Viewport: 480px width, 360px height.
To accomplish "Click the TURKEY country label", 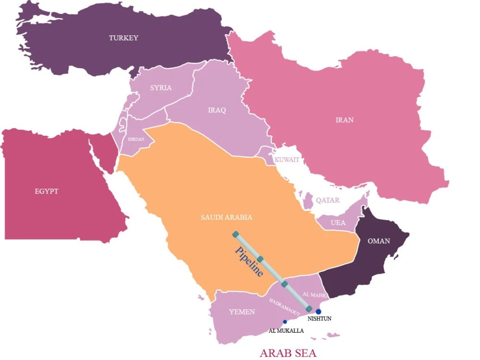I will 123,38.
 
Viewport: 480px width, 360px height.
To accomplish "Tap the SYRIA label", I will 160,88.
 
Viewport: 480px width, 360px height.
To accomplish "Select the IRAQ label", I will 216,110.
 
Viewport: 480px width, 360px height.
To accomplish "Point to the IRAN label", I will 344,120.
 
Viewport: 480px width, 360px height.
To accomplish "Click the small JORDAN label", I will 136,139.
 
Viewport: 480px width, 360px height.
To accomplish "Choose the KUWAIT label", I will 287,159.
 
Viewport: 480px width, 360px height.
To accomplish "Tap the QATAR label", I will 327,201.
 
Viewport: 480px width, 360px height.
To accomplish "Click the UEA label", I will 338,223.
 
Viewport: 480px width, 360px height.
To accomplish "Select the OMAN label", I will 379,241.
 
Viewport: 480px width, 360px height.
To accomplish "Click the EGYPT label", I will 47,192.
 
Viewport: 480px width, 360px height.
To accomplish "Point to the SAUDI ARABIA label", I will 226,217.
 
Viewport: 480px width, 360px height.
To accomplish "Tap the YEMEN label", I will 242,312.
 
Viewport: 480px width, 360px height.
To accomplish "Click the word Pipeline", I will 250,262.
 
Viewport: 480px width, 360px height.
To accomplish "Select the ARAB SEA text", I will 288,353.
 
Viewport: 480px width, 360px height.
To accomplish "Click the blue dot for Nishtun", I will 318,312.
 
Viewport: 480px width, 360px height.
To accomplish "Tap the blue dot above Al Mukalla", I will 285,322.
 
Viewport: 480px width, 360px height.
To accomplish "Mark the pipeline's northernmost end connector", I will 236,234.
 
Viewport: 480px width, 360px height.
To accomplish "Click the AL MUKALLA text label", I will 286,331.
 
